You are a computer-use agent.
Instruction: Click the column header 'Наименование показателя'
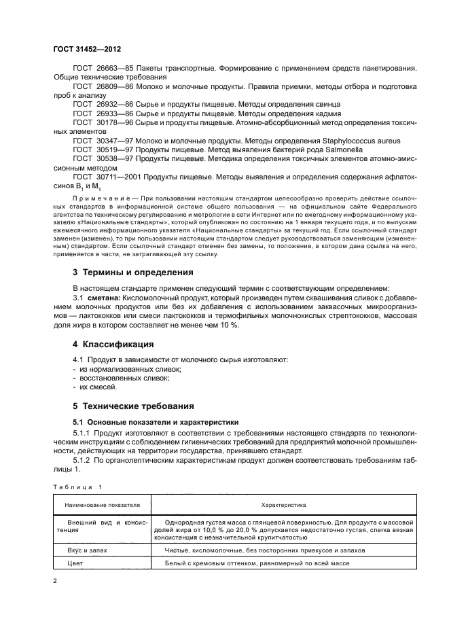[102, 506]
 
